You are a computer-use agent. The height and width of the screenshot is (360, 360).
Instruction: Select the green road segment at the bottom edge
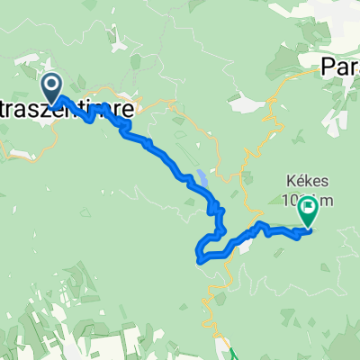click(227, 352)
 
